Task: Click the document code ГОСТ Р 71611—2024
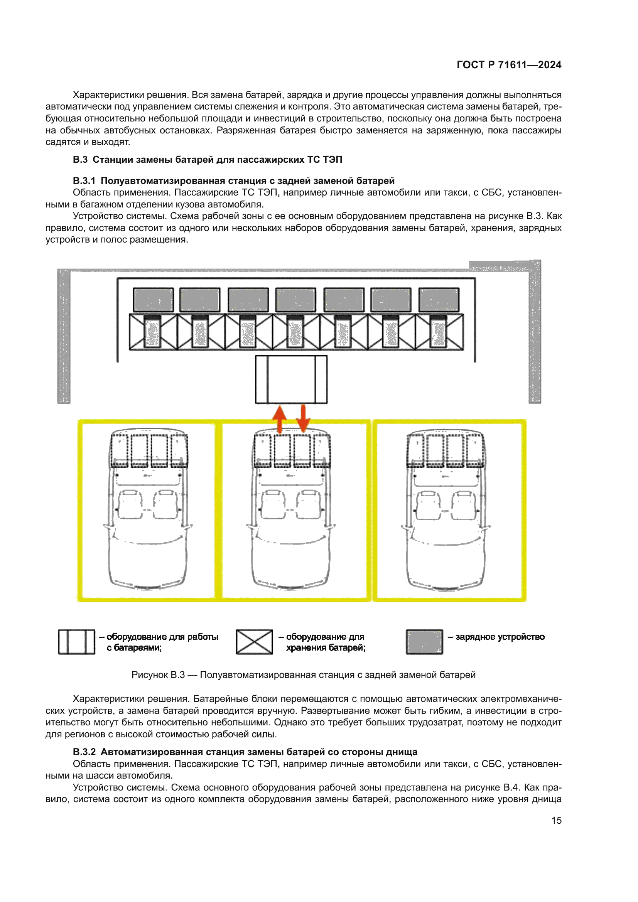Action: click(509, 65)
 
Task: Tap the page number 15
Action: click(556, 820)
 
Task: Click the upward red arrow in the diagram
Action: click(279, 419)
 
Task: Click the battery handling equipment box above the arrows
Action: click(291, 379)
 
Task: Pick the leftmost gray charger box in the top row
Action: click(153, 300)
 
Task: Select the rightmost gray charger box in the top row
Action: click(439, 300)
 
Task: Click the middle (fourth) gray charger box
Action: click(295, 300)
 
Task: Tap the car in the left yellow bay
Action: click(147, 511)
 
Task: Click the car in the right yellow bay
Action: click(446, 511)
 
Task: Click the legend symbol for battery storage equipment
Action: click(254, 642)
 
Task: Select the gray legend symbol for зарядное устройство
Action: click(424, 642)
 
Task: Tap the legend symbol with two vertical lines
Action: click(77, 642)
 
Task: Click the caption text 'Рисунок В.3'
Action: click(158, 675)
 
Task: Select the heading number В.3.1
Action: click(84, 181)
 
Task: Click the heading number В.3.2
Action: click(84, 752)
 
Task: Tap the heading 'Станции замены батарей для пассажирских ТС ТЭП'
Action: click(217, 160)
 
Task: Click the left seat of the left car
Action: click(130, 504)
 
